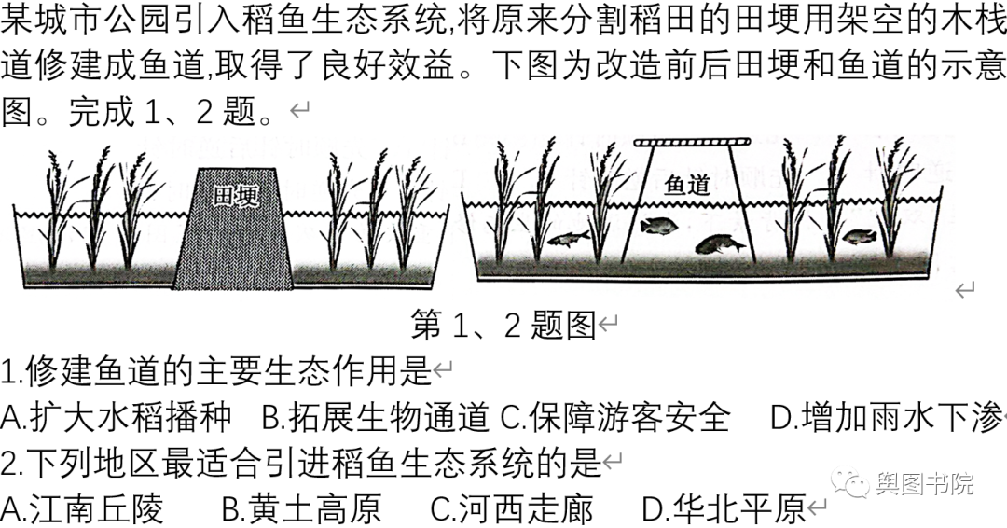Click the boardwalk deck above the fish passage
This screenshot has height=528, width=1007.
[692, 143]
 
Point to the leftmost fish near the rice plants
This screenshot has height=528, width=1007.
[568, 238]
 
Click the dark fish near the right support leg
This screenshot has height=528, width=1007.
[720, 244]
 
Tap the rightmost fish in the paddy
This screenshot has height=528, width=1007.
[859, 237]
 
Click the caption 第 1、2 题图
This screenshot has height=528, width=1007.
[503, 325]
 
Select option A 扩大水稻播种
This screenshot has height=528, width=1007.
[116, 417]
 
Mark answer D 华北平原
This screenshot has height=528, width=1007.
[724, 508]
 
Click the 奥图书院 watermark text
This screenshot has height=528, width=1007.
[924, 483]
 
